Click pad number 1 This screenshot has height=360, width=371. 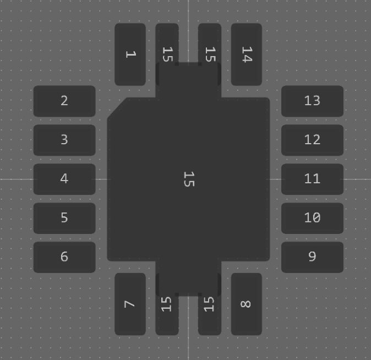(130, 54)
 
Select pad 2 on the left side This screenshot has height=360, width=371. (64, 101)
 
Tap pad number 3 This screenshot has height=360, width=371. (64, 140)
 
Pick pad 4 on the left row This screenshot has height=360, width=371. (64, 179)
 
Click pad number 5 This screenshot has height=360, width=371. (64, 218)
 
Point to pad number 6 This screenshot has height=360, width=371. (64, 257)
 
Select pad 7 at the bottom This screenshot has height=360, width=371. (130, 304)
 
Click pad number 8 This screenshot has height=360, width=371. (246, 304)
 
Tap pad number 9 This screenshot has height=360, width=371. (312, 257)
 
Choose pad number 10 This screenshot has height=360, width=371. (312, 218)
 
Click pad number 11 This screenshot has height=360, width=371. (312, 179)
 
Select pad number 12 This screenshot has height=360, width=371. (312, 140)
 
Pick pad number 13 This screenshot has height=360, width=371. (312, 101)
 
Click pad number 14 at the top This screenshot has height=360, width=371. (246, 54)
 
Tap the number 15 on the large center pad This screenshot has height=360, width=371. (189, 179)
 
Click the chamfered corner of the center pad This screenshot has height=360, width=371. (117, 108)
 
